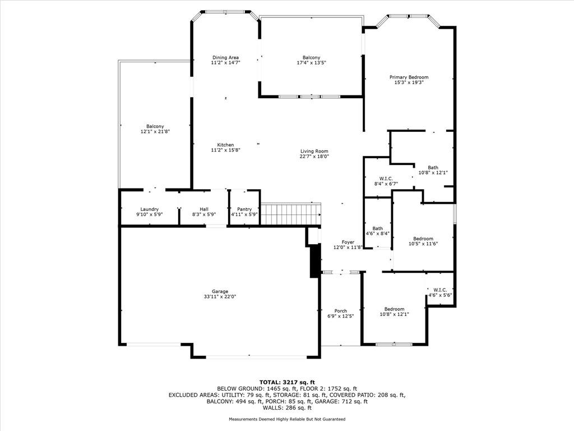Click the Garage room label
220,291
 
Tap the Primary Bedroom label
409,77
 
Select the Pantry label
244,209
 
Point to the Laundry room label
149,209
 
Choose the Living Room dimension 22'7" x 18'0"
314,156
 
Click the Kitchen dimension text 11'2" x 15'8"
225,150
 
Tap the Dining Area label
225,57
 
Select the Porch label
340,311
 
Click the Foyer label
348,242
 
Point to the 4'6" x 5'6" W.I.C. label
440,290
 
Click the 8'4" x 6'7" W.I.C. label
386,178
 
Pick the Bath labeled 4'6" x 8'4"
377,228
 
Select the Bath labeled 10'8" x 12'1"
433,167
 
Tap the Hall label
204,209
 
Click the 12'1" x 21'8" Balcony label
155,126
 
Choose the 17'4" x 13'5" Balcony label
311,57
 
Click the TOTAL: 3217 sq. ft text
287,382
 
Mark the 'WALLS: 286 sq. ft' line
287,407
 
